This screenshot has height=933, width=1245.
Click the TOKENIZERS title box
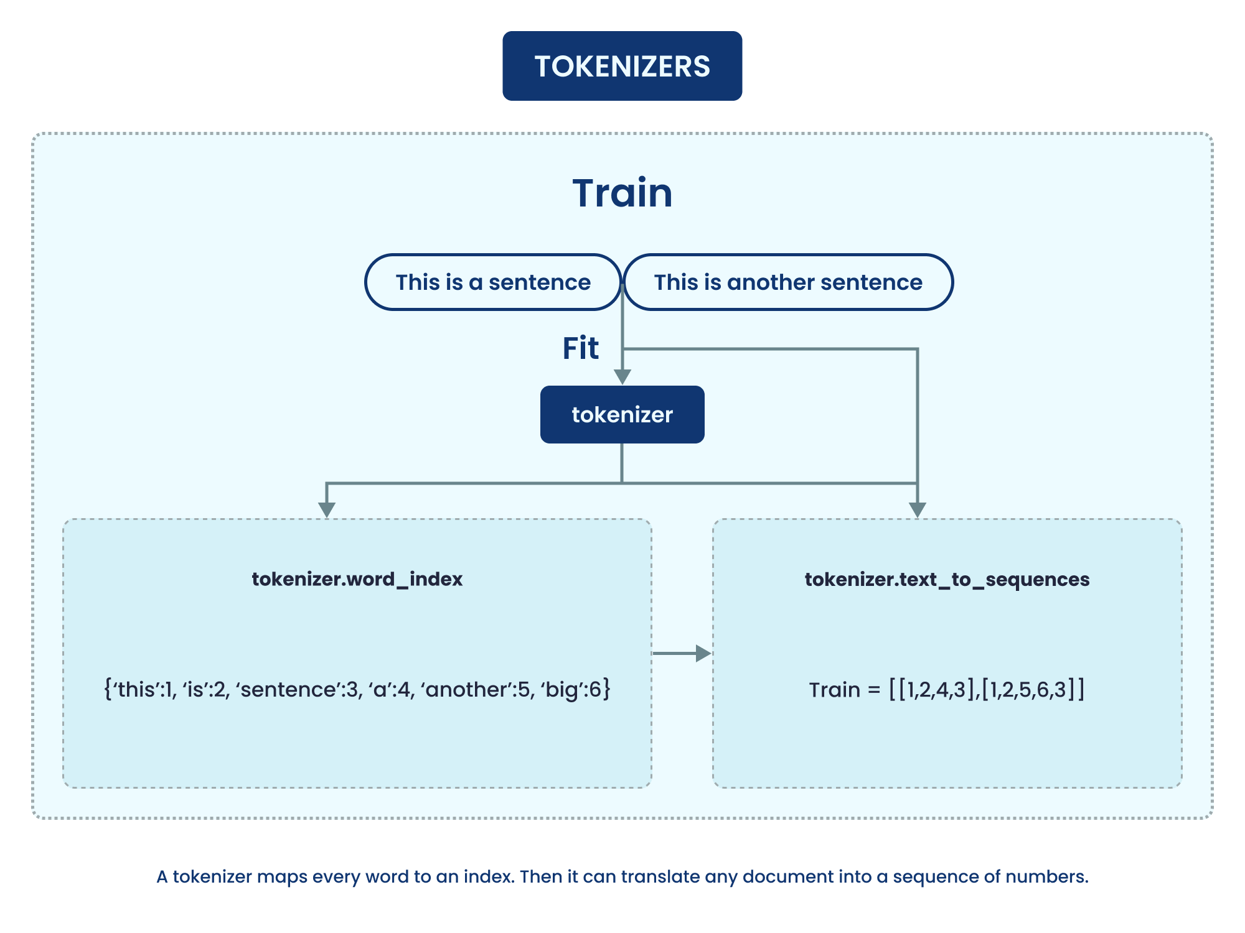tap(622, 66)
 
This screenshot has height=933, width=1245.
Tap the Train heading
tap(622, 193)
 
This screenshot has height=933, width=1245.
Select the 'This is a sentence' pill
tap(493, 282)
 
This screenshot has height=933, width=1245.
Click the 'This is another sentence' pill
tap(787, 282)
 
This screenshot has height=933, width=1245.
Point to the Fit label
tap(580, 348)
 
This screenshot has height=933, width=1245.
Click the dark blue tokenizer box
tap(622, 414)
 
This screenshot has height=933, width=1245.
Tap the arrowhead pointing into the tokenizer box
tap(622, 377)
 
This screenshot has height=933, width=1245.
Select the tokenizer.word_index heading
tap(357, 579)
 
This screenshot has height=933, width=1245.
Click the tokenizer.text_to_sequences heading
tap(947, 579)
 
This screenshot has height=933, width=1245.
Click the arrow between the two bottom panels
tap(682, 653)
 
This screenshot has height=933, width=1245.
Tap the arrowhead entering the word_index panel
tap(327, 509)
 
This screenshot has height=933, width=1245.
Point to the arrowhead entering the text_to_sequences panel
tap(917, 509)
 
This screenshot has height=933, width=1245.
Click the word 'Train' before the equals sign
tap(834, 690)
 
